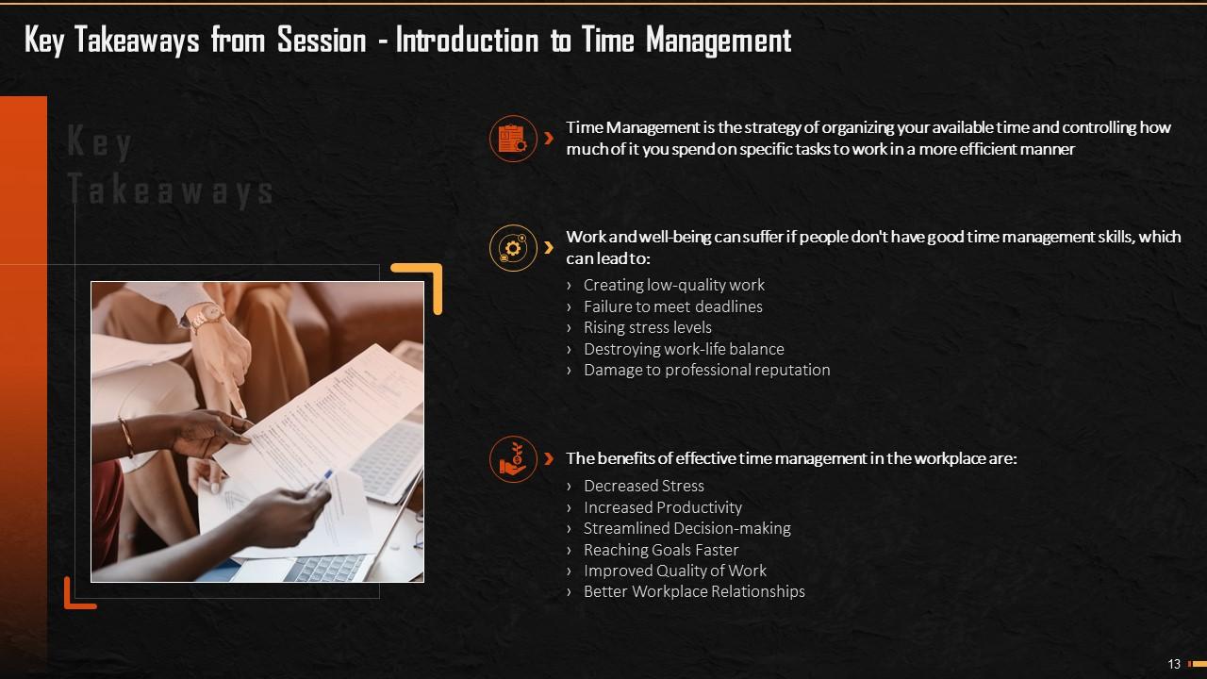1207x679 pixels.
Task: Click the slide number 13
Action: coord(1174,664)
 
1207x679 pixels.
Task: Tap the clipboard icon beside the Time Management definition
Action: coord(512,139)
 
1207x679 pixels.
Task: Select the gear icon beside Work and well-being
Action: coord(512,248)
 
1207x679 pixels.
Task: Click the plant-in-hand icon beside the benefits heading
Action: coord(512,459)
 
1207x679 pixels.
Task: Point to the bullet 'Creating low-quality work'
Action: coord(673,285)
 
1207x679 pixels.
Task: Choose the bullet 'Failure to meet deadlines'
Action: coord(672,306)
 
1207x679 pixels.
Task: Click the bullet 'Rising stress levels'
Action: coord(647,327)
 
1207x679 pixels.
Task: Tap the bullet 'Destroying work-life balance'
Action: coord(684,349)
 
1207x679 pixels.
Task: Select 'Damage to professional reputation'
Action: coord(706,370)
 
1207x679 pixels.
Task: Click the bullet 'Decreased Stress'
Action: coord(643,486)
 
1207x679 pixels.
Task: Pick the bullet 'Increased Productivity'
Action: coord(662,507)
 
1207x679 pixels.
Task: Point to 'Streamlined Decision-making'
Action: coord(686,528)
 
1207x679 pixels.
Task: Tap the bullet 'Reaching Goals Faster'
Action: coord(661,550)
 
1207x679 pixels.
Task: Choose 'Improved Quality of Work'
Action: coord(674,571)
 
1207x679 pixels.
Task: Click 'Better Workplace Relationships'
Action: coord(694,592)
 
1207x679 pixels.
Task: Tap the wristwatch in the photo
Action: coord(205,317)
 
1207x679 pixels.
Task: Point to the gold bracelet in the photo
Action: coord(125,437)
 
